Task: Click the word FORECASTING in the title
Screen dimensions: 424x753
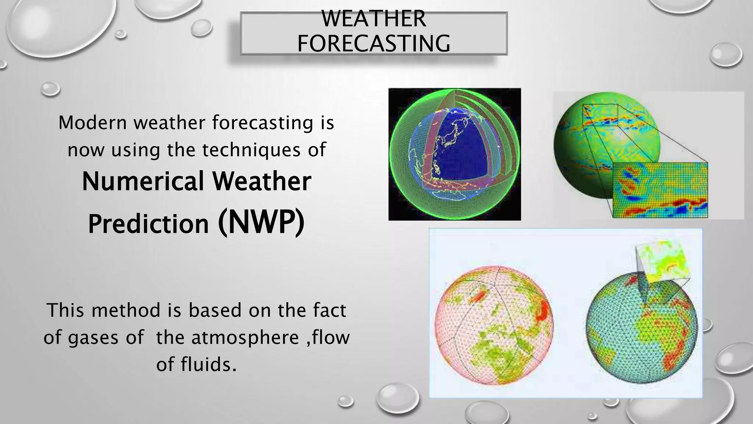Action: pyautogui.click(x=374, y=43)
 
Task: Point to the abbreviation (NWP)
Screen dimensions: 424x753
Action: pyautogui.click(x=261, y=223)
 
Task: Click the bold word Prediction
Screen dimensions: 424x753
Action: pyautogui.click(x=149, y=224)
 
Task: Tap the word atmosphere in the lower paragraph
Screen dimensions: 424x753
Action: pyautogui.click(x=245, y=338)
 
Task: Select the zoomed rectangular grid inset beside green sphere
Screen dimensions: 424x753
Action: pyautogui.click(x=660, y=190)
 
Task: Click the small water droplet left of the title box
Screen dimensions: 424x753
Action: pyautogui.click(x=201, y=28)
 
